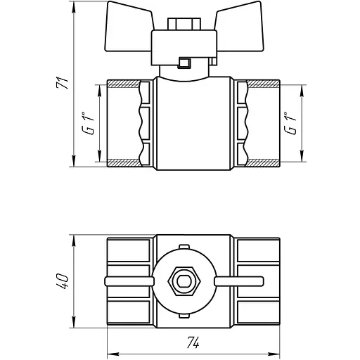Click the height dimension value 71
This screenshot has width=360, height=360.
[63, 82]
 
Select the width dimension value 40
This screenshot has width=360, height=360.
[63, 281]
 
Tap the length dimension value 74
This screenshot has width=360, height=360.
[193, 343]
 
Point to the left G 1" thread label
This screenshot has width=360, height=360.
[89, 124]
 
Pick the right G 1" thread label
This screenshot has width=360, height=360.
[290, 124]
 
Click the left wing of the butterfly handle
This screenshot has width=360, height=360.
[129, 27]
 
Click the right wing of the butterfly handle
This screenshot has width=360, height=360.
[240, 27]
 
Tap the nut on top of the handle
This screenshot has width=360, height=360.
[184, 24]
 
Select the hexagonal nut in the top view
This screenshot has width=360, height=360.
[184, 281]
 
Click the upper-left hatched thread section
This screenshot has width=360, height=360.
[124, 84]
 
